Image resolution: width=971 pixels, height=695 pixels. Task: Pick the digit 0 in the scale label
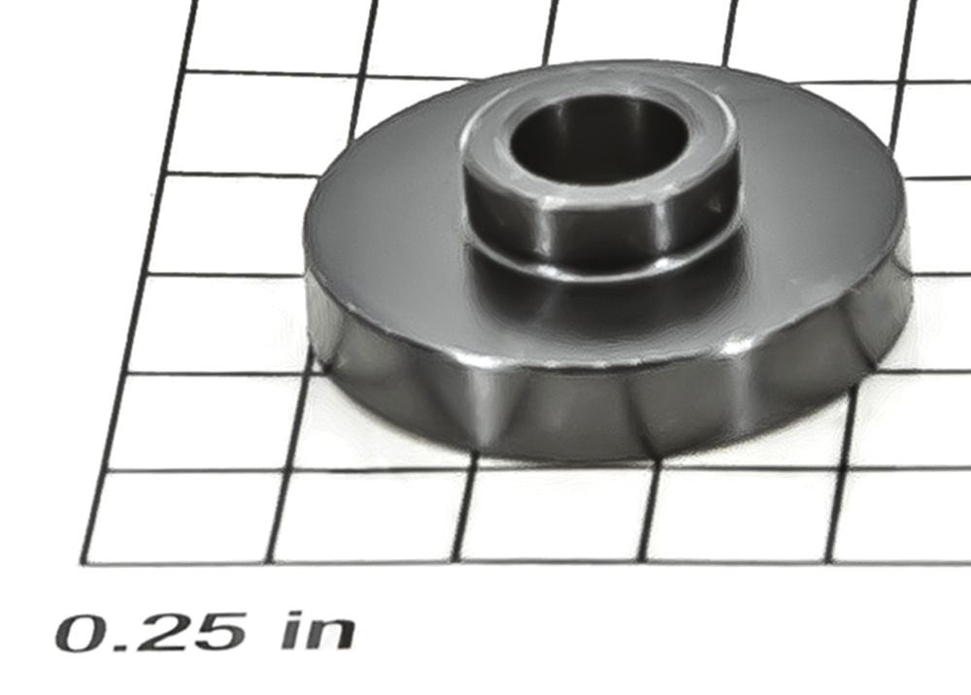83,633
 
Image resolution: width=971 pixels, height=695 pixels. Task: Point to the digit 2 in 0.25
161,633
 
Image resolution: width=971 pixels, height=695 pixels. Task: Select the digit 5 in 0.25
217,633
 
